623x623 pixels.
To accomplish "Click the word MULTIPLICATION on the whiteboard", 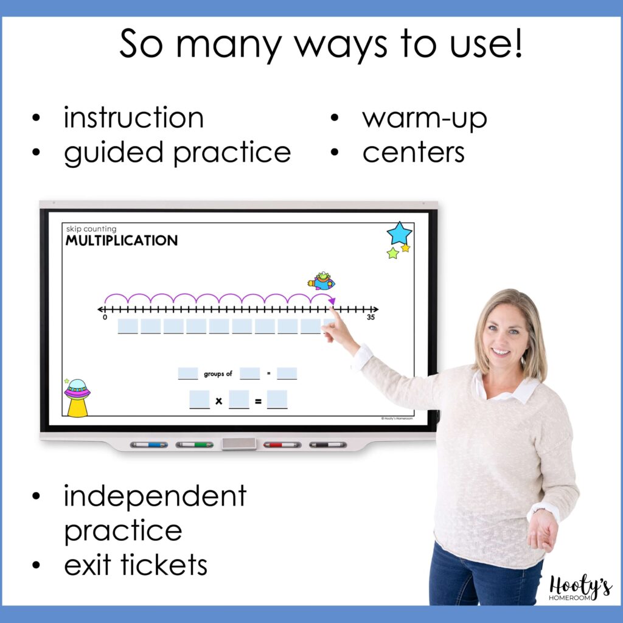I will (x=122, y=240).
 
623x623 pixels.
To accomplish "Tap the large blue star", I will (x=399, y=233).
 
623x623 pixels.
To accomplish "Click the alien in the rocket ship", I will (x=322, y=281).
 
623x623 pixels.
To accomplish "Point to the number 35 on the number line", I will (x=370, y=318).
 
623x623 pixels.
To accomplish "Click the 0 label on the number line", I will (x=105, y=318).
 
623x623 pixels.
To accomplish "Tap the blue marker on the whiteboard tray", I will (x=149, y=445).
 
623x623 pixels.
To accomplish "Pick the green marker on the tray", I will (x=195, y=445).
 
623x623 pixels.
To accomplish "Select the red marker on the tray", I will (x=282, y=445).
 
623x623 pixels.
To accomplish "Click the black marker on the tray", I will (x=327, y=445).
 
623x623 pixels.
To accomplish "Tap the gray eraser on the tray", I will (x=238, y=444).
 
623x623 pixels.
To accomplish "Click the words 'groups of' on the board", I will (x=218, y=374).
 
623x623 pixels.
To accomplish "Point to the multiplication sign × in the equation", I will (x=218, y=401).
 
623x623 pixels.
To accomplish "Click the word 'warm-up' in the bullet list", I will (x=424, y=118).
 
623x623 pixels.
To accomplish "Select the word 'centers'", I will (x=413, y=153).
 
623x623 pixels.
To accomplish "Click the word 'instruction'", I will (x=133, y=117).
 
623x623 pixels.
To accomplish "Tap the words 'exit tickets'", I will (x=135, y=565).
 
